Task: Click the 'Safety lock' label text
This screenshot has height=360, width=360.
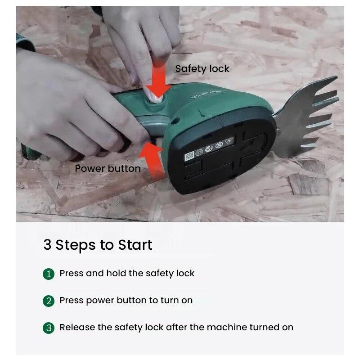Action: (202, 69)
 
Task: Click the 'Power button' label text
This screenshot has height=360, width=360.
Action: (108, 169)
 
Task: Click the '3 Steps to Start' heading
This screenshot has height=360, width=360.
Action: (98, 245)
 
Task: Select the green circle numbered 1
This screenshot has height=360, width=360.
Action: (49, 274)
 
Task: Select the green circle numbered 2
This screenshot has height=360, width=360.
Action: (49, 301)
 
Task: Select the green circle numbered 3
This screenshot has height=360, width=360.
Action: (49, 328)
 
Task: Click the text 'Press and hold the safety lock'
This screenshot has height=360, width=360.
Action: (127, 273)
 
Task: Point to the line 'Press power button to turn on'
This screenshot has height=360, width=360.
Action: (126, 300)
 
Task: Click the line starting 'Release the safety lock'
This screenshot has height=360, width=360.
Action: (176, 327)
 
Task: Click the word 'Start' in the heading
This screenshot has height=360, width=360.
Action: (135, 245)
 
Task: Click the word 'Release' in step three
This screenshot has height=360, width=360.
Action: (75, 327)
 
